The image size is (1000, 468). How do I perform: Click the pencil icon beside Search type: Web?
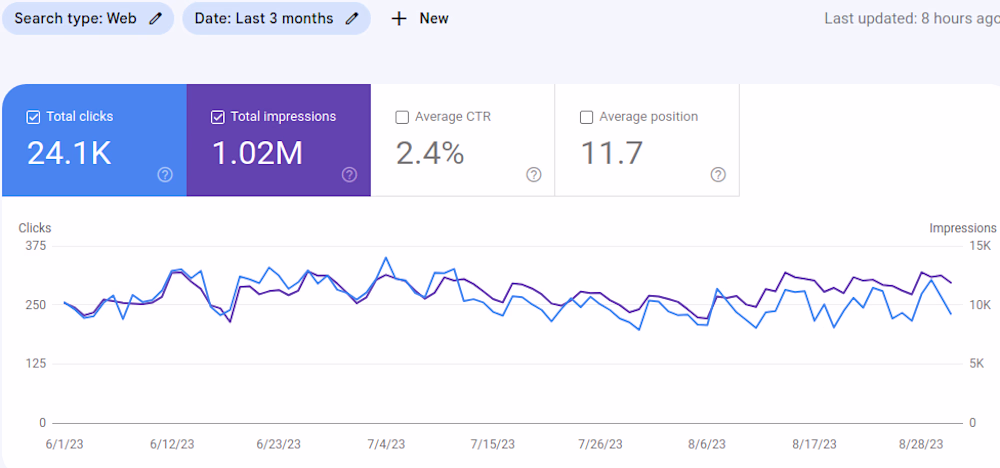point(155,19)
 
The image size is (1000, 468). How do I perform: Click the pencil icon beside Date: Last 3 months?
point(352,19)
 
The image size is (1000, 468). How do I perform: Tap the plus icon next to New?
point(399,19)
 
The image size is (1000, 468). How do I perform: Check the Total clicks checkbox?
point(34,117)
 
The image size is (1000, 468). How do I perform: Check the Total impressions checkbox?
point(218,117)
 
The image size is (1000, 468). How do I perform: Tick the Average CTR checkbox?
point(402,117)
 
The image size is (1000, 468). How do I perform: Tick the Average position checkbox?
point(586,117)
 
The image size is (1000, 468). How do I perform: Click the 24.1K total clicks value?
point(69,154)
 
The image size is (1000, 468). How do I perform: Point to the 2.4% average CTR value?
point(430,154)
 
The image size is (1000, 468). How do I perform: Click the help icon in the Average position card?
point(718,175)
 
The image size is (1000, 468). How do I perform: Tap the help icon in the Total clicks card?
point(165,175)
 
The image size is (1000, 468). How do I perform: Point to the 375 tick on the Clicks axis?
point(35,246)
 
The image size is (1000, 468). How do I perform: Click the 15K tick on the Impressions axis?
point(980,246)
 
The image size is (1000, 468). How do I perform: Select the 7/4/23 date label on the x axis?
point(386,444)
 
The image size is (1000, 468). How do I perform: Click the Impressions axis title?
point(962,228)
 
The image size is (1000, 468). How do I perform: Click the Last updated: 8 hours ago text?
point(910,19)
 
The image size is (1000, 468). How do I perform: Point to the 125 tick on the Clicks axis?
point(35,364)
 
